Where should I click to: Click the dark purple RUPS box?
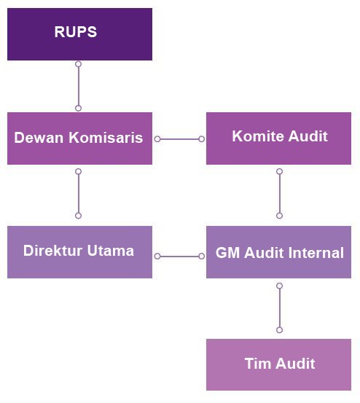click(79, 34)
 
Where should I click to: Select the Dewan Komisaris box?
click(79, 138)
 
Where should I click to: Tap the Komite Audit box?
click(279, 138)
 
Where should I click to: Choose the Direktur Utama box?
click(79, 252)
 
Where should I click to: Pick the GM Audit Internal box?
click(279, 252)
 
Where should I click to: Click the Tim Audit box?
click(279, 364)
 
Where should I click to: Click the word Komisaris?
click(106, 137)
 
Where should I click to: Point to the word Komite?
click(258, 136)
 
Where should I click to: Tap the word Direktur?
click(53, 251)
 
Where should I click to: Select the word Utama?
click(111, 251)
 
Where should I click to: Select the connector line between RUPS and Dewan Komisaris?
click(79, 86)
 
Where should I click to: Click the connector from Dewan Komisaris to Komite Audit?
click(179, 139)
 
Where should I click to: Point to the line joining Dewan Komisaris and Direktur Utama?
click(79, 193)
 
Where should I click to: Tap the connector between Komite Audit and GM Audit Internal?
click(280, 193)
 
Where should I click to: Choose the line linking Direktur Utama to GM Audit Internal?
click(179, 257)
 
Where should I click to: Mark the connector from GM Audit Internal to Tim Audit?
click(280, 308)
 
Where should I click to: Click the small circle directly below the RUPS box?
click(79, 64)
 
